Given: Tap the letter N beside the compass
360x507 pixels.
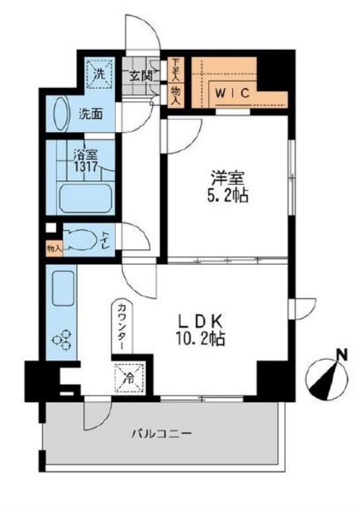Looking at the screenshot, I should click(342, 355).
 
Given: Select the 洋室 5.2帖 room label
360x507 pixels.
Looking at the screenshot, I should click(227, 186).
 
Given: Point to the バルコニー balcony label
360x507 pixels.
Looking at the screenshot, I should click(161, 434).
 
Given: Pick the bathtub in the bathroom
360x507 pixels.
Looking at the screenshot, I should click(85, 198).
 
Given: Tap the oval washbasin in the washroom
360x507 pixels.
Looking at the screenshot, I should click(61, 115).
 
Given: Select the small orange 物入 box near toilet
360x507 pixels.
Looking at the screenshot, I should click(54, 249).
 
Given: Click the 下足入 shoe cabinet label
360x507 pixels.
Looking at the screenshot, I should click(175, 69).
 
